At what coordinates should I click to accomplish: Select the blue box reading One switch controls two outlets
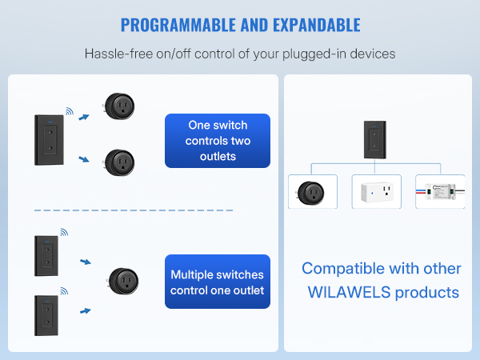218,141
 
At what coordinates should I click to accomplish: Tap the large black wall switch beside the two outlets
47,141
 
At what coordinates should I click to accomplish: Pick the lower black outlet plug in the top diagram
119,163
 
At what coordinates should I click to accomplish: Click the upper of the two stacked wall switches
45,255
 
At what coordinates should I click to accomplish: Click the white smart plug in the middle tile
376,191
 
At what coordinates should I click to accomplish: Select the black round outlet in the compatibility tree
310,193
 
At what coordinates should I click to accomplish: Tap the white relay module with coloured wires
440,192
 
